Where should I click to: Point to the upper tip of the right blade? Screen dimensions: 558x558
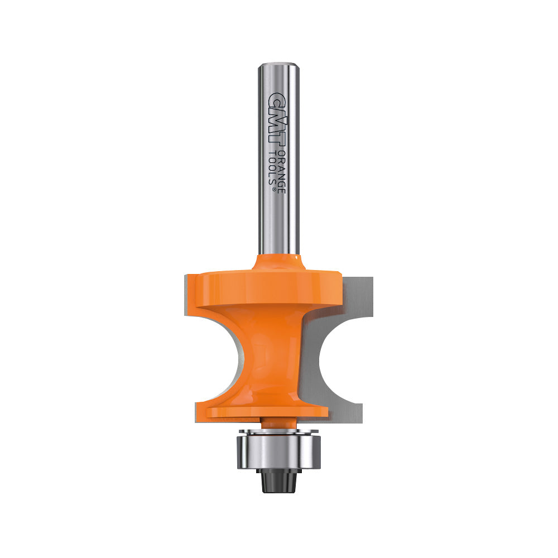point(357,279)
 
